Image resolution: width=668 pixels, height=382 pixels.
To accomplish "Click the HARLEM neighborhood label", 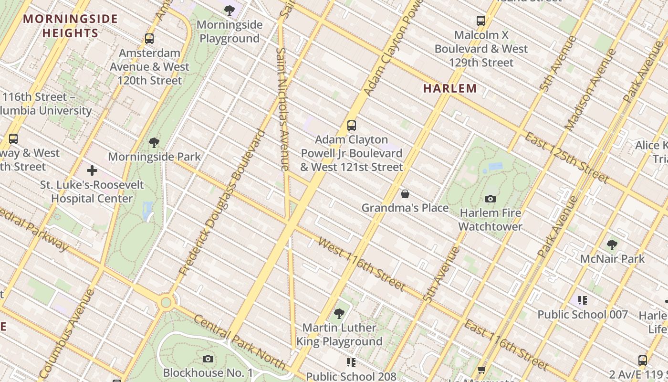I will tap(450, 88).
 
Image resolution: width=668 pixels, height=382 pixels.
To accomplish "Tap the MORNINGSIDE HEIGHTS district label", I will tap(70, 26).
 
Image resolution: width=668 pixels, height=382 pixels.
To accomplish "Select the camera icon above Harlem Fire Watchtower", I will tap(490, 199).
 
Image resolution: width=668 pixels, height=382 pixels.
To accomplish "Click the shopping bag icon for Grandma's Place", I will tap(405, 193).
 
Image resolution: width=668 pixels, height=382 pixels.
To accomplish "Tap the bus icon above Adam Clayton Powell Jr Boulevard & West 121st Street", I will tap(352, 126).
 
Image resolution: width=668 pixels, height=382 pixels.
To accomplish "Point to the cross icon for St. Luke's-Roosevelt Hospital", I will tap(92, 170).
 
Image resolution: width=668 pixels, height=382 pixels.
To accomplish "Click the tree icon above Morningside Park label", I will tap(154, 142).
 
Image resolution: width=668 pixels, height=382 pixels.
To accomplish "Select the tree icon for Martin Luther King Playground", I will tap(339, 314).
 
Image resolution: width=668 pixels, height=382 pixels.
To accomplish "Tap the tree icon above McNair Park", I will tap(612, 245).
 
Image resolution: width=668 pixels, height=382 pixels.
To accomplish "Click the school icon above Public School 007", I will tap(582, 300).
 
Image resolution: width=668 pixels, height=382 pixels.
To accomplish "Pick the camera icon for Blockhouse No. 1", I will tap(208, 359).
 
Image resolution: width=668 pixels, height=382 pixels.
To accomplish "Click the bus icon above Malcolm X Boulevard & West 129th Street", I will tap(481, 21).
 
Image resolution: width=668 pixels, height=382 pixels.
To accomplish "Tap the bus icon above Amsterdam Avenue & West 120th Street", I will tap(149, 39).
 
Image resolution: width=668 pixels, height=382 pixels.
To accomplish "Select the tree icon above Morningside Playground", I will tap(230, 10).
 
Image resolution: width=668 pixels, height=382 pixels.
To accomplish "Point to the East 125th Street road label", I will tap(566, 158).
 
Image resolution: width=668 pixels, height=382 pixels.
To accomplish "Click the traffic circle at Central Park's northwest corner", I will tap(166, 302).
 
